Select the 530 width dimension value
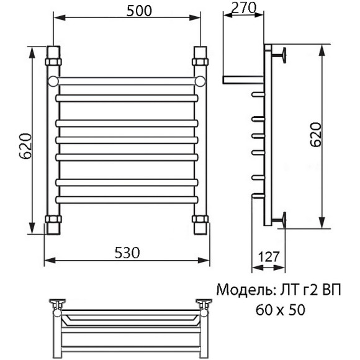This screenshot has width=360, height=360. pos(127,252)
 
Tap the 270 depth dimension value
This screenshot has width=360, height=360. pos(243,8)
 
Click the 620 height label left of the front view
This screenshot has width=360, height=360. pos(23,146)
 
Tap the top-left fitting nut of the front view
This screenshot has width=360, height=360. pos(53,62)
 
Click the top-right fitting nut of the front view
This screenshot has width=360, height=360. pos(200,62)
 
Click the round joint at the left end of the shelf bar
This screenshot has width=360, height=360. pos(53,81)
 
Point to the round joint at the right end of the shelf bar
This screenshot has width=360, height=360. pos(200,81)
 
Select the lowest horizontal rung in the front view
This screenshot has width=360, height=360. pos(127,199)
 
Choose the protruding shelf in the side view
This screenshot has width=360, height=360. pos(243,79)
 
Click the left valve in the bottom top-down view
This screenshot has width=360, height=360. pos(58,303)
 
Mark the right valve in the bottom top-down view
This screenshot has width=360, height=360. pos(203,303)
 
